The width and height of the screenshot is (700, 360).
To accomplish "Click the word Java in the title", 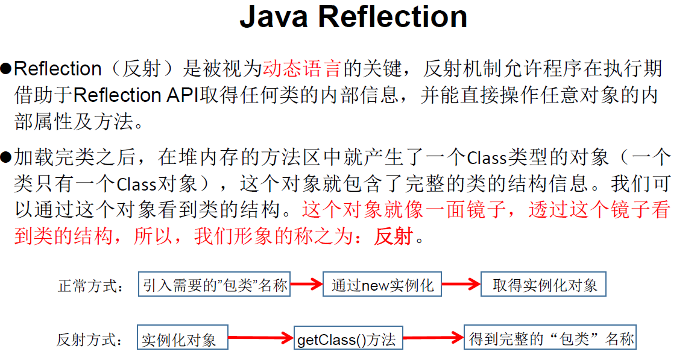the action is [275, 17].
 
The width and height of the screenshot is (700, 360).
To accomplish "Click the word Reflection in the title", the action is [393, 17].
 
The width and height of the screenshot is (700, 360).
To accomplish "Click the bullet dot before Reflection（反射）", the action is [7, 69].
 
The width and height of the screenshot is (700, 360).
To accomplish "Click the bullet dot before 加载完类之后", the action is [7, 158].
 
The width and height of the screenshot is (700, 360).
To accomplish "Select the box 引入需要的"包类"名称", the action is [215, 285].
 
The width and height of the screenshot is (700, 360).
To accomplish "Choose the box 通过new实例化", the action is [383, 285].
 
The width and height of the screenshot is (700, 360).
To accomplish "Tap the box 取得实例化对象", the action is [543, 285].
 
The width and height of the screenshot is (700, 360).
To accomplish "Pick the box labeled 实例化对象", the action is [183, 339].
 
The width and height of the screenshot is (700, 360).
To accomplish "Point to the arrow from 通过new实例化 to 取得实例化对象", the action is [461, 285].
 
